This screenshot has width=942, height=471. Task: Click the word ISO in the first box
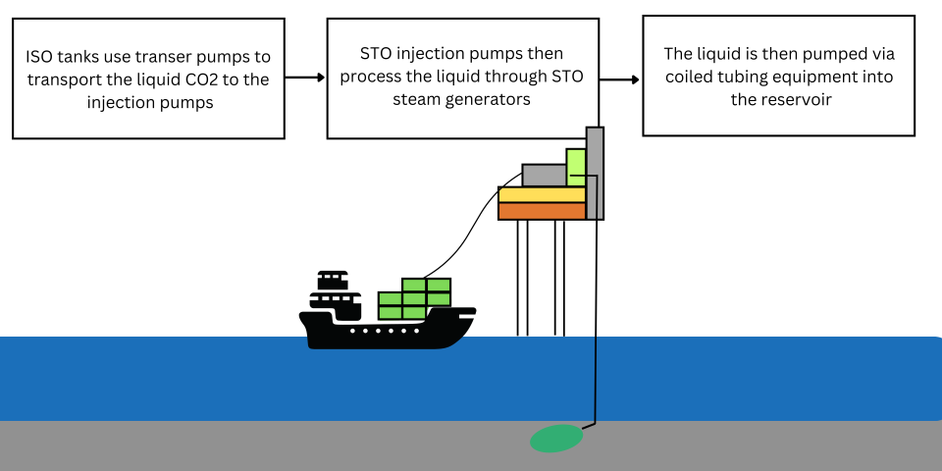click(x=40, y=57)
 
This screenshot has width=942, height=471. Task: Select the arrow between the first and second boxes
click(x=305, y=78)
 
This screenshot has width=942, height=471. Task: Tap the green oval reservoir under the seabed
click(x=555, y=439)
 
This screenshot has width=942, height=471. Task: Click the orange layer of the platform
click(x=542, y=211)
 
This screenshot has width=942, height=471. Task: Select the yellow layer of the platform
click(x=542, y=194)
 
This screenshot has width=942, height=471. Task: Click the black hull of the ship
click(x=392, y=332)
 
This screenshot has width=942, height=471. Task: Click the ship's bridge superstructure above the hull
click(x=331, y=292)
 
